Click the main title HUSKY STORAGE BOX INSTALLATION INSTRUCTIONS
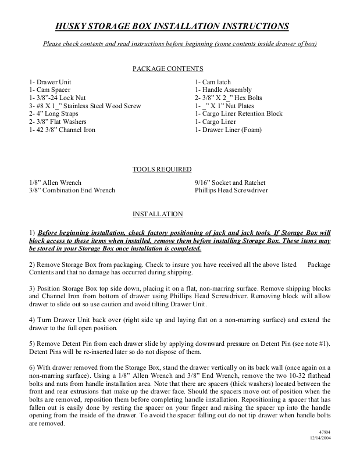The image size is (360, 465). click(172, 26)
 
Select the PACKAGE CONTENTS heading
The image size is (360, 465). click(168, 69)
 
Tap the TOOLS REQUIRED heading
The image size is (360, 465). click(162, 169)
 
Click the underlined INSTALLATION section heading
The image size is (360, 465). click(158, 214)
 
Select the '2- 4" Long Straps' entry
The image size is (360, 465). click(58, 115)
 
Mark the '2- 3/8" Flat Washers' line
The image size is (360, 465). click(58, 122)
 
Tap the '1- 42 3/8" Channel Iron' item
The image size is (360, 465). click(62, 130)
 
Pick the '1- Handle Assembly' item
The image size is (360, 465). click(224, 90)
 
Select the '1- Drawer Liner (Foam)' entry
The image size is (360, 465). click(229, 130)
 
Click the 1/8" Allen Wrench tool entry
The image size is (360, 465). click(55, 183)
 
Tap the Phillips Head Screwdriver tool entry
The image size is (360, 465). click(231, 190)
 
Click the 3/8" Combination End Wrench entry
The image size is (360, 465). click(72, 190)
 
